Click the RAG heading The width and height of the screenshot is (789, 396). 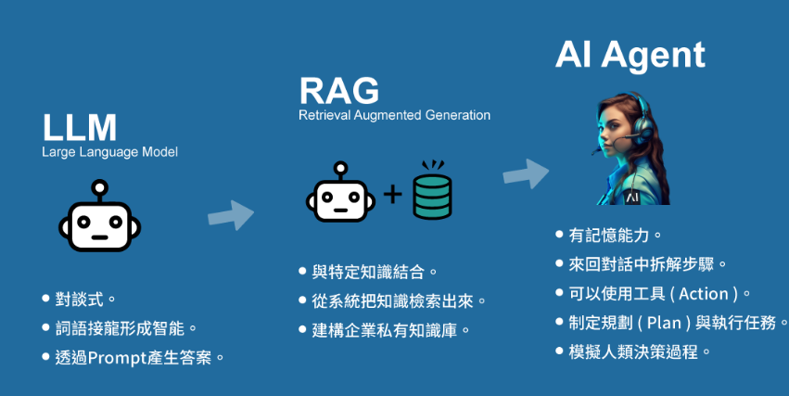[338, 91]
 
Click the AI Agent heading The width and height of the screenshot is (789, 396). [630, 55]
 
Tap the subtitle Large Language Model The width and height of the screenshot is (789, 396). [109, 152]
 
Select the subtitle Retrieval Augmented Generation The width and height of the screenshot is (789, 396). [394, 116]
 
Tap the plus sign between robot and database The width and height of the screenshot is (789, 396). [392, 195]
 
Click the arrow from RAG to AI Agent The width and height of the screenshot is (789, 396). [526, 172]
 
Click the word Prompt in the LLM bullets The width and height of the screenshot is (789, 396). [120, 356]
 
